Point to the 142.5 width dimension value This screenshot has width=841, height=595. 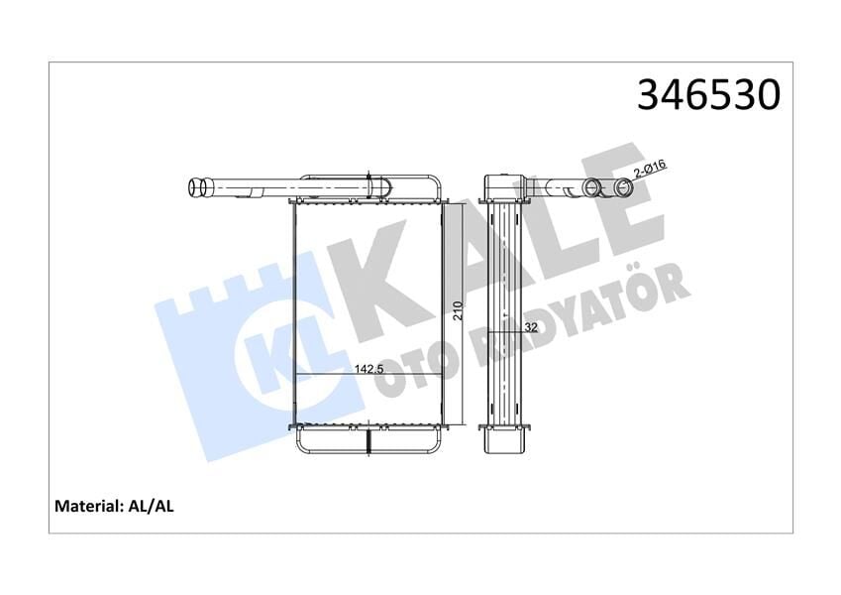coord(369,369)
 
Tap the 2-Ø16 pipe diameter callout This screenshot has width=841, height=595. coord(649,174)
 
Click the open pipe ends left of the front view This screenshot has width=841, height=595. coord(199,185)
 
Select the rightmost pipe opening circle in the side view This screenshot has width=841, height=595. coord(625,188)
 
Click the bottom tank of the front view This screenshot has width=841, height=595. coord(368,440)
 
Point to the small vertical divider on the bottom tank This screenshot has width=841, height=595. coord(368,440)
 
